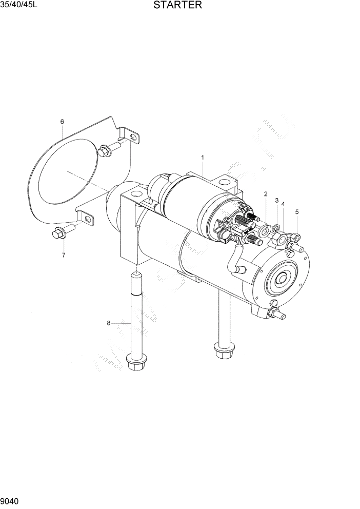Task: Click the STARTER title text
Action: coord(176,6)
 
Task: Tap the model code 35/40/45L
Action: coord(19,6)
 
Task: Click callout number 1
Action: coord(203,157)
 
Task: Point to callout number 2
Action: coord(266,194)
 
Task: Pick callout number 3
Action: coord(277,200)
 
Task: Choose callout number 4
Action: coord(283,204)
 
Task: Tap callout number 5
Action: coord(296,211)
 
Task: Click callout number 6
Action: coord(62,122)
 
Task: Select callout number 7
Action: coord(64,255)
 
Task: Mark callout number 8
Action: coord(109,323)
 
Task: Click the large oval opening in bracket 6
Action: coord(64,169)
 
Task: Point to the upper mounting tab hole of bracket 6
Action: coord(134,138)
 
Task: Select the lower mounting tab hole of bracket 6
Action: coord(88,220)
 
